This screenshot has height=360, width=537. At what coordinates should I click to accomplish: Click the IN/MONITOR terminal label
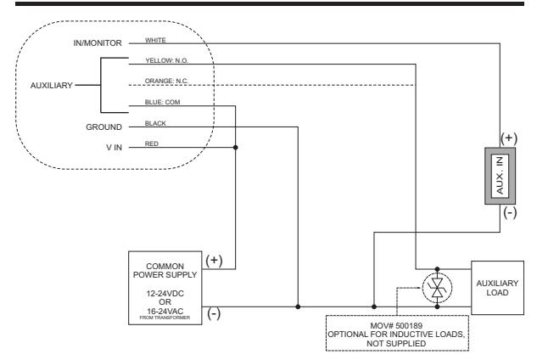point(98,43)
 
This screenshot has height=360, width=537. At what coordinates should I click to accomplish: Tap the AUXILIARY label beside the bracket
point(52,86)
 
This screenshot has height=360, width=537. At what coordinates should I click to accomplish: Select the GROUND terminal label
point(103,127)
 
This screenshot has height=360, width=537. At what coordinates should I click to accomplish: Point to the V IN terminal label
point(114,148)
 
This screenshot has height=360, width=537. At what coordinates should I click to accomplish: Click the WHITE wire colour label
point(155,40)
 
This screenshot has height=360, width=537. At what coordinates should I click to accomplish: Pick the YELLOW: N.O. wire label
point(167,60)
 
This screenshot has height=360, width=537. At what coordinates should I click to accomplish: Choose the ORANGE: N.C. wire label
point(166,81)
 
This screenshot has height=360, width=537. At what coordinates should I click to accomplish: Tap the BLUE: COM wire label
point(162,102)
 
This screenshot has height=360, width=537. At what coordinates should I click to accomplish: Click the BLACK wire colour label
point(155,123)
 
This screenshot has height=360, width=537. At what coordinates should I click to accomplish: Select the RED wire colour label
point(151,143)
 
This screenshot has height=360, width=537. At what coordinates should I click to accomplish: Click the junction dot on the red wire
point(235,148)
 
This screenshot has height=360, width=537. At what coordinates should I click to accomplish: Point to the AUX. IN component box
point(500,176)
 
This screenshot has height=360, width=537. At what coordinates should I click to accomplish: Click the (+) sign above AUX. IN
point(509,138)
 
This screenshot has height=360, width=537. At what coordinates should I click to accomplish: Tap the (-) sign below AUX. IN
point(510,212)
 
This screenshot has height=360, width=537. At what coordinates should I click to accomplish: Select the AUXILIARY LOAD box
point(498,288)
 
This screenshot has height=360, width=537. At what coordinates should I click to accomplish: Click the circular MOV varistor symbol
point(437,288)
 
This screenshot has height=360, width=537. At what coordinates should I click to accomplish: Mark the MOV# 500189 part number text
point(396,325)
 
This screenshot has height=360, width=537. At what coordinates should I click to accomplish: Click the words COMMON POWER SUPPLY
point(165,271)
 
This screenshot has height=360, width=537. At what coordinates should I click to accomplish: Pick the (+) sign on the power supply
point(214,260)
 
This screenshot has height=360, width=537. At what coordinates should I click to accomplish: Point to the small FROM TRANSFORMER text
point(165,318)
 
